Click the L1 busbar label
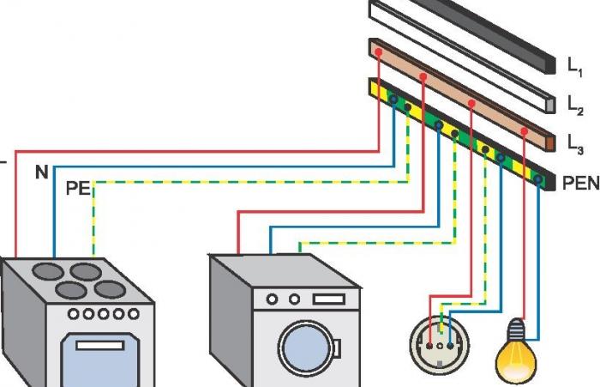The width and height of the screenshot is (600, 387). pos(574,65)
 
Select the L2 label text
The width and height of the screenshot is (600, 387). pos(575,104)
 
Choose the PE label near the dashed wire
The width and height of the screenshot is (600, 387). pos(78,189)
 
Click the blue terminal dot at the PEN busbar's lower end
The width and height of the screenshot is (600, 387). pos(538,181)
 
